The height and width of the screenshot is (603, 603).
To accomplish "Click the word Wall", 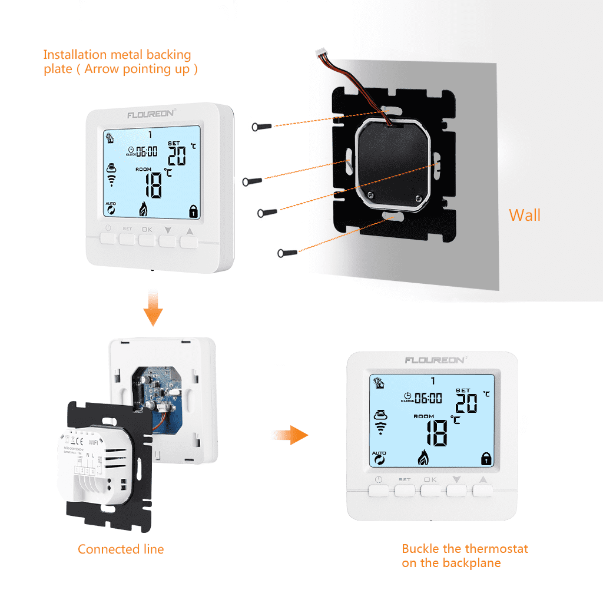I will point(524,215).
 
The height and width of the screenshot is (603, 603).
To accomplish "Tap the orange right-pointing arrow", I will point(291,436).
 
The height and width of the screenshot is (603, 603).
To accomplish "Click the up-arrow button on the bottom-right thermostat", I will point(483,490).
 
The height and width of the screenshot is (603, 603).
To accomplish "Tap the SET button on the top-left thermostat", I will point(127,238).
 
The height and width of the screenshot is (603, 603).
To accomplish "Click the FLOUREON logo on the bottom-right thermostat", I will point(433,360).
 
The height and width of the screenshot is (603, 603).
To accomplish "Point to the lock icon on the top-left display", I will point(192,211).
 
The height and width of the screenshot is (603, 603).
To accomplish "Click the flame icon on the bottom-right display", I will point(422,457).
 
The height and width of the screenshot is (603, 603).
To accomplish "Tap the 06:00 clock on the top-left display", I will point(146,151).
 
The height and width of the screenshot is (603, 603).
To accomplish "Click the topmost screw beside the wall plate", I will point(261,126).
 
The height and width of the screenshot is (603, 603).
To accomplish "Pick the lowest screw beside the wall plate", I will point(287,253).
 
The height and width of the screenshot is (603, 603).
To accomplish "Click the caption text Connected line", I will point(121,549).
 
